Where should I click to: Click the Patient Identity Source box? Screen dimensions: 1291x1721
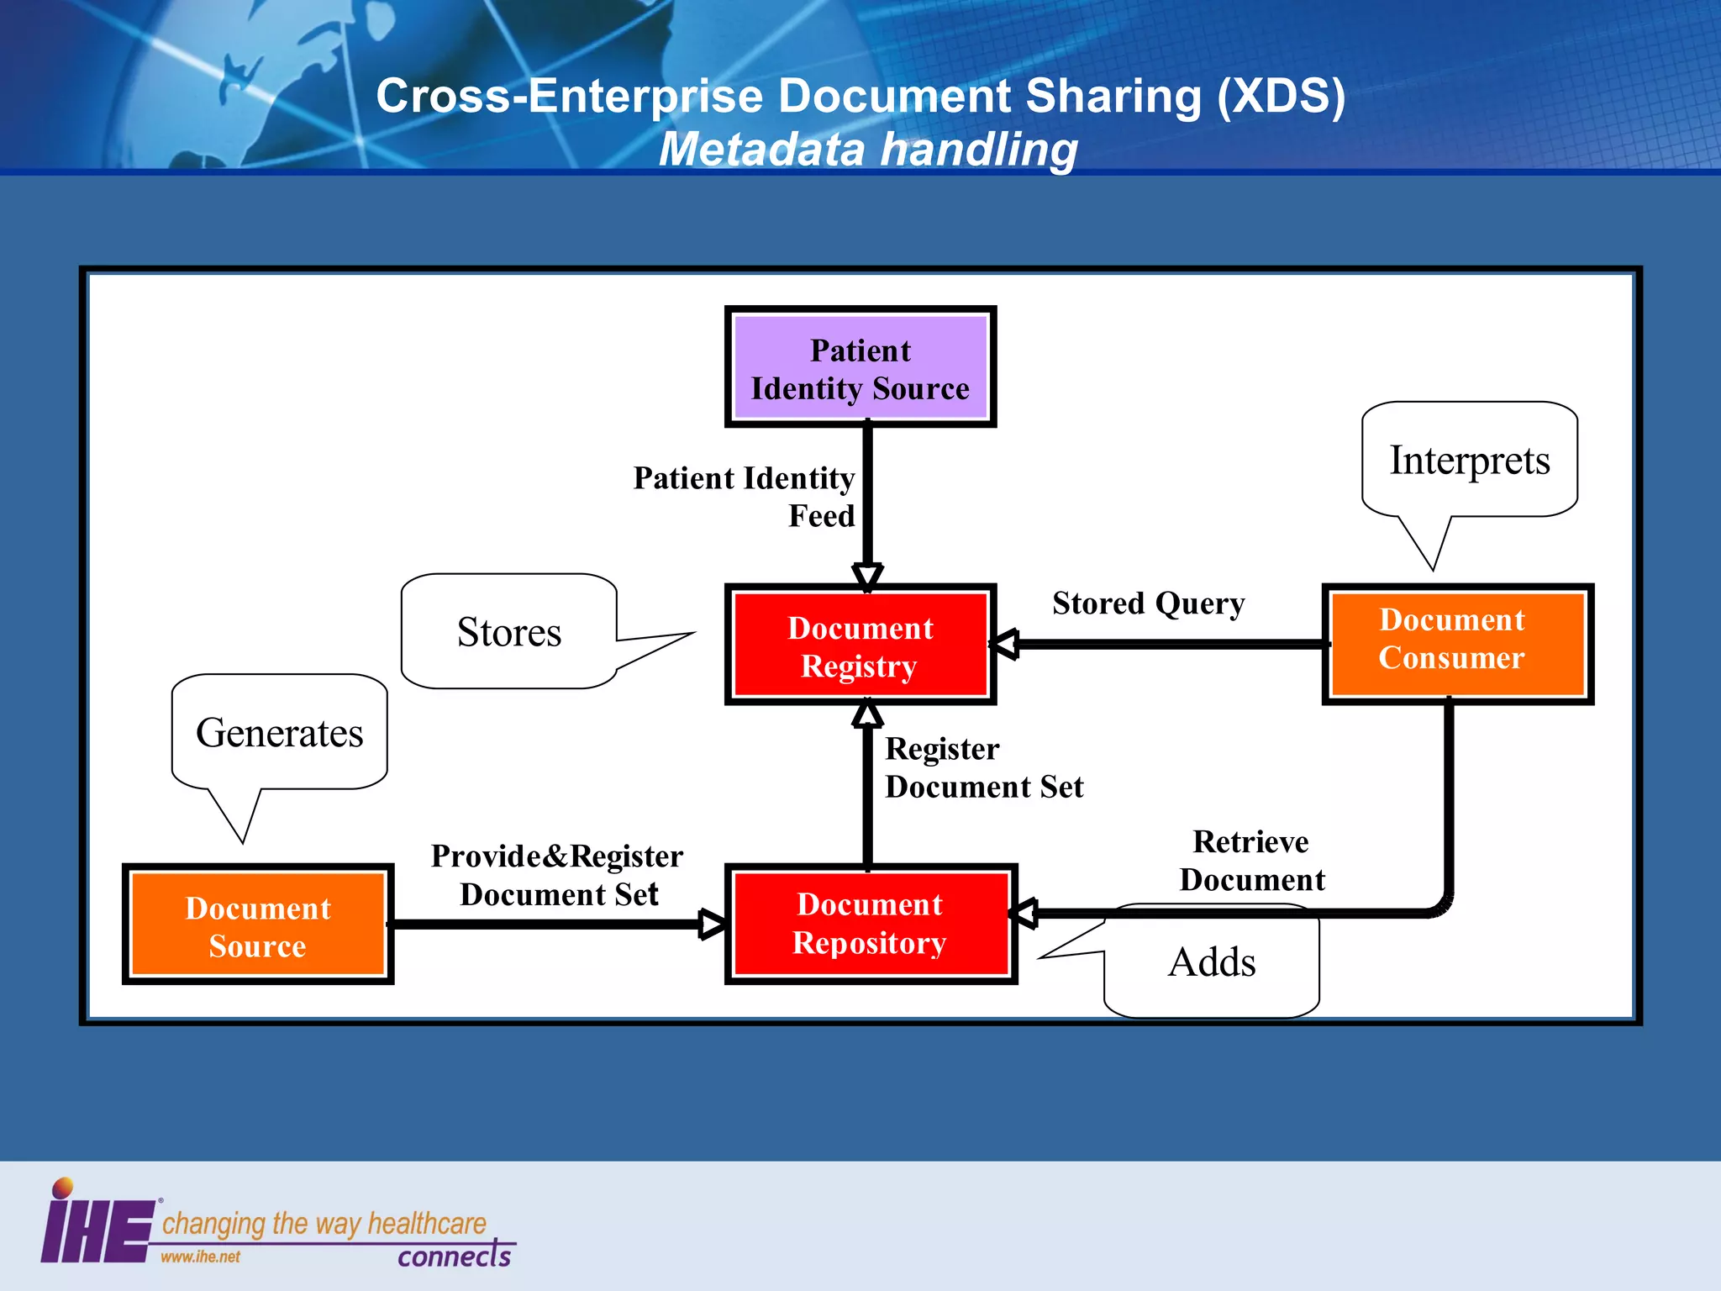coord(860,367)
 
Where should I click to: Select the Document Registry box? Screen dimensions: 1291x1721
coord(860,645)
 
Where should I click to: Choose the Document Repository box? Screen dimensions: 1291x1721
coord(871,924)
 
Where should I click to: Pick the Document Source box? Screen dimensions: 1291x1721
coord(258,925)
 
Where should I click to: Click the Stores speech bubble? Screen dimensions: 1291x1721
coord(509,632)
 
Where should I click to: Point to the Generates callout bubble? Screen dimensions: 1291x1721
coord(279,732)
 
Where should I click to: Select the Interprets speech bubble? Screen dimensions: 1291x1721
coord(1469,460)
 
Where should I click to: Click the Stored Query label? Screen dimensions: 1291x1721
coord(1148,603)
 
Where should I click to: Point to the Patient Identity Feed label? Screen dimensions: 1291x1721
coord(745,496)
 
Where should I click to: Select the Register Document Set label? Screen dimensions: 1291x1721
coord(983,767)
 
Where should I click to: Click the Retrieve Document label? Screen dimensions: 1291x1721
coord(1252,860)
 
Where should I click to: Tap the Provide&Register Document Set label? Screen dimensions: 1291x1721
coord(558,875)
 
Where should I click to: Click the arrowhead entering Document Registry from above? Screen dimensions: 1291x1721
coord(867,576)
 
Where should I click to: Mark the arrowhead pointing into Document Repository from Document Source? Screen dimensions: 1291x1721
coord(713,924)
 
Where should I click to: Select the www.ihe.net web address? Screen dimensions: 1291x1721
coord(200,1257)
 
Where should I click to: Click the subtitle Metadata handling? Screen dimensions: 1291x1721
coord(867,150)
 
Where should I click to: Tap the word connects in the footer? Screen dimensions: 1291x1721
coord(454,1256)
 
